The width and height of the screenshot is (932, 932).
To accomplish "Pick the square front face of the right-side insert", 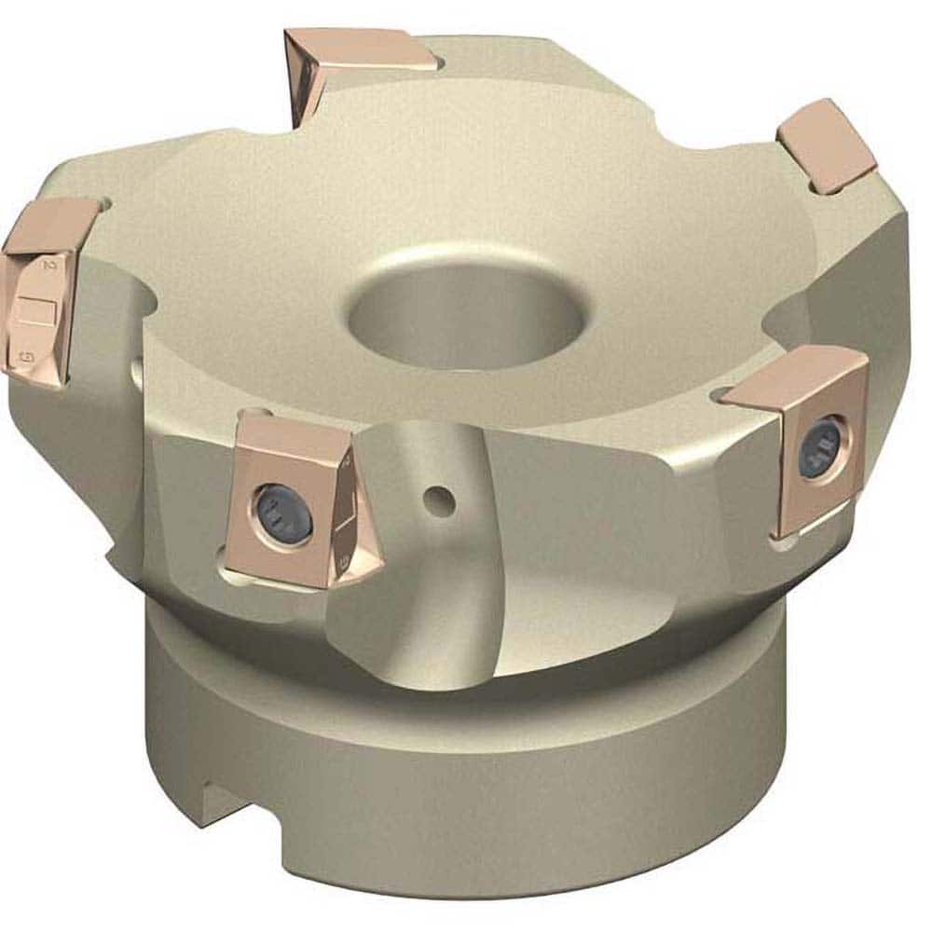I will point(817,447).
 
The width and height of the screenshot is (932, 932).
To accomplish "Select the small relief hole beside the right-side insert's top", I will point(727,398).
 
